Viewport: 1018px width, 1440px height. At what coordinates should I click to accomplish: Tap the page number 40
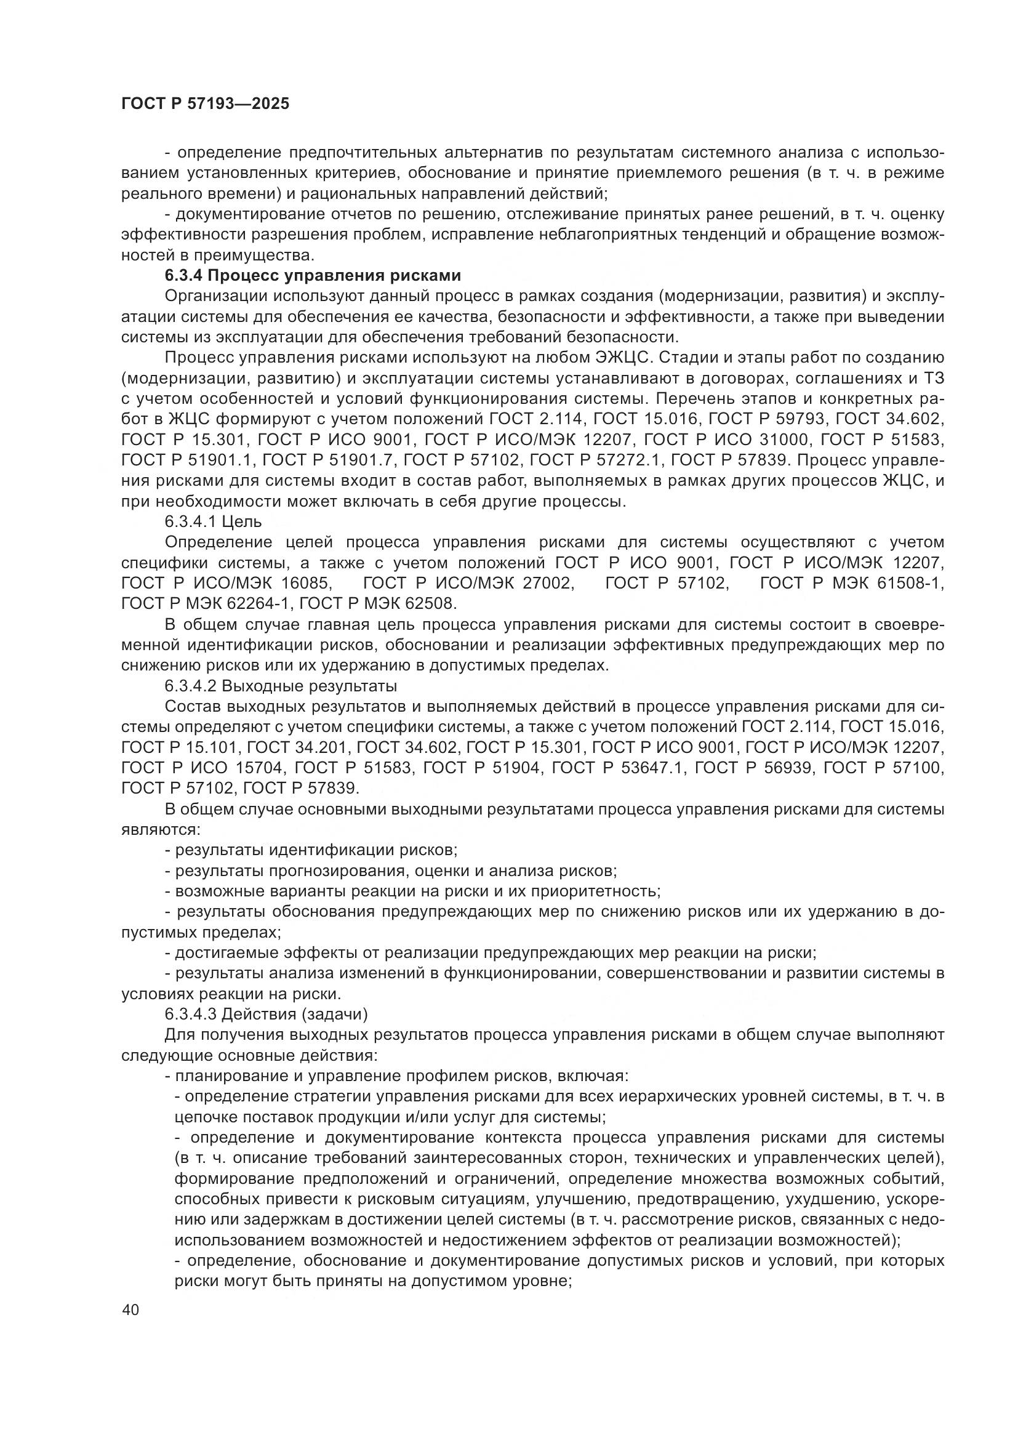tap(131, 1310)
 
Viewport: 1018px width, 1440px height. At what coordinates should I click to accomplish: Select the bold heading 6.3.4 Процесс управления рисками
tap(313, 276)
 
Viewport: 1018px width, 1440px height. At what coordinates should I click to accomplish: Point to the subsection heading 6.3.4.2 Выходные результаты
tap(281, 686)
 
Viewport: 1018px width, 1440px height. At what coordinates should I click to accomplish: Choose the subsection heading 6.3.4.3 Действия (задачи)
tap(266, 1014)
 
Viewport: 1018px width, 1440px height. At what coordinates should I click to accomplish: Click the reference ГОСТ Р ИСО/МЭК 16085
tap(225, 584)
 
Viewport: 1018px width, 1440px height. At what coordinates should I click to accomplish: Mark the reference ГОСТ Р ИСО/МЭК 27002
tap(468, 584)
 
